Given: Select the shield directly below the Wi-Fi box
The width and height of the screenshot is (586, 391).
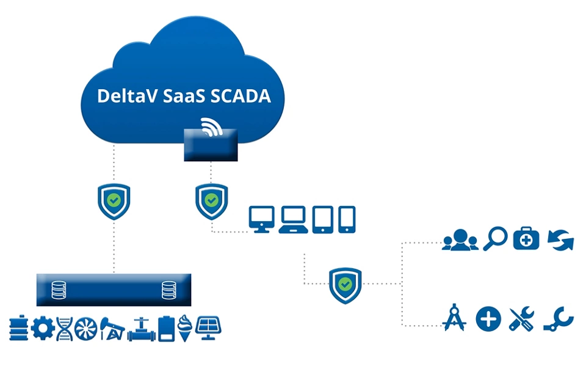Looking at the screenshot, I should click(x=211, y=200).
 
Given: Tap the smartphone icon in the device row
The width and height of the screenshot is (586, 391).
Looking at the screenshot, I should click(x=347, y=219).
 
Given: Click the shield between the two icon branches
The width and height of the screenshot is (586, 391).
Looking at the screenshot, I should click(x=345, y=284).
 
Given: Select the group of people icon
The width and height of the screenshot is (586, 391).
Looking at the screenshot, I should click(x=460, y=239).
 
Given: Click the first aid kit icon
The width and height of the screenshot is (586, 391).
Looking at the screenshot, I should click(x=526, y=239).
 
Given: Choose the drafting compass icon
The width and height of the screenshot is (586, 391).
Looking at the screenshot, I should click(x=455, y=318).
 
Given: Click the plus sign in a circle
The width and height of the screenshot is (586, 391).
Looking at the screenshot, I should click(x=488, y=318).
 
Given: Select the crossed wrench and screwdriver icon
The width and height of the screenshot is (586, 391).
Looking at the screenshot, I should click(x=522, y=318).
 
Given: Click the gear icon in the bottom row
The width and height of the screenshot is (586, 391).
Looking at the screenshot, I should click(x=42, y=328).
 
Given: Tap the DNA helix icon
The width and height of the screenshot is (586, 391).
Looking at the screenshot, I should click(x=63, y=328).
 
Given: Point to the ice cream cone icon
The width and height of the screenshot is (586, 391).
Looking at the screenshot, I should click(x=186, y=328).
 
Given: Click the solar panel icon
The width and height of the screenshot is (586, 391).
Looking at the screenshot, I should click(x=208, y=327).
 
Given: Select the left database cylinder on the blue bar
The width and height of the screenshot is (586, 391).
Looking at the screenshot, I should click(x=58, y=290).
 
